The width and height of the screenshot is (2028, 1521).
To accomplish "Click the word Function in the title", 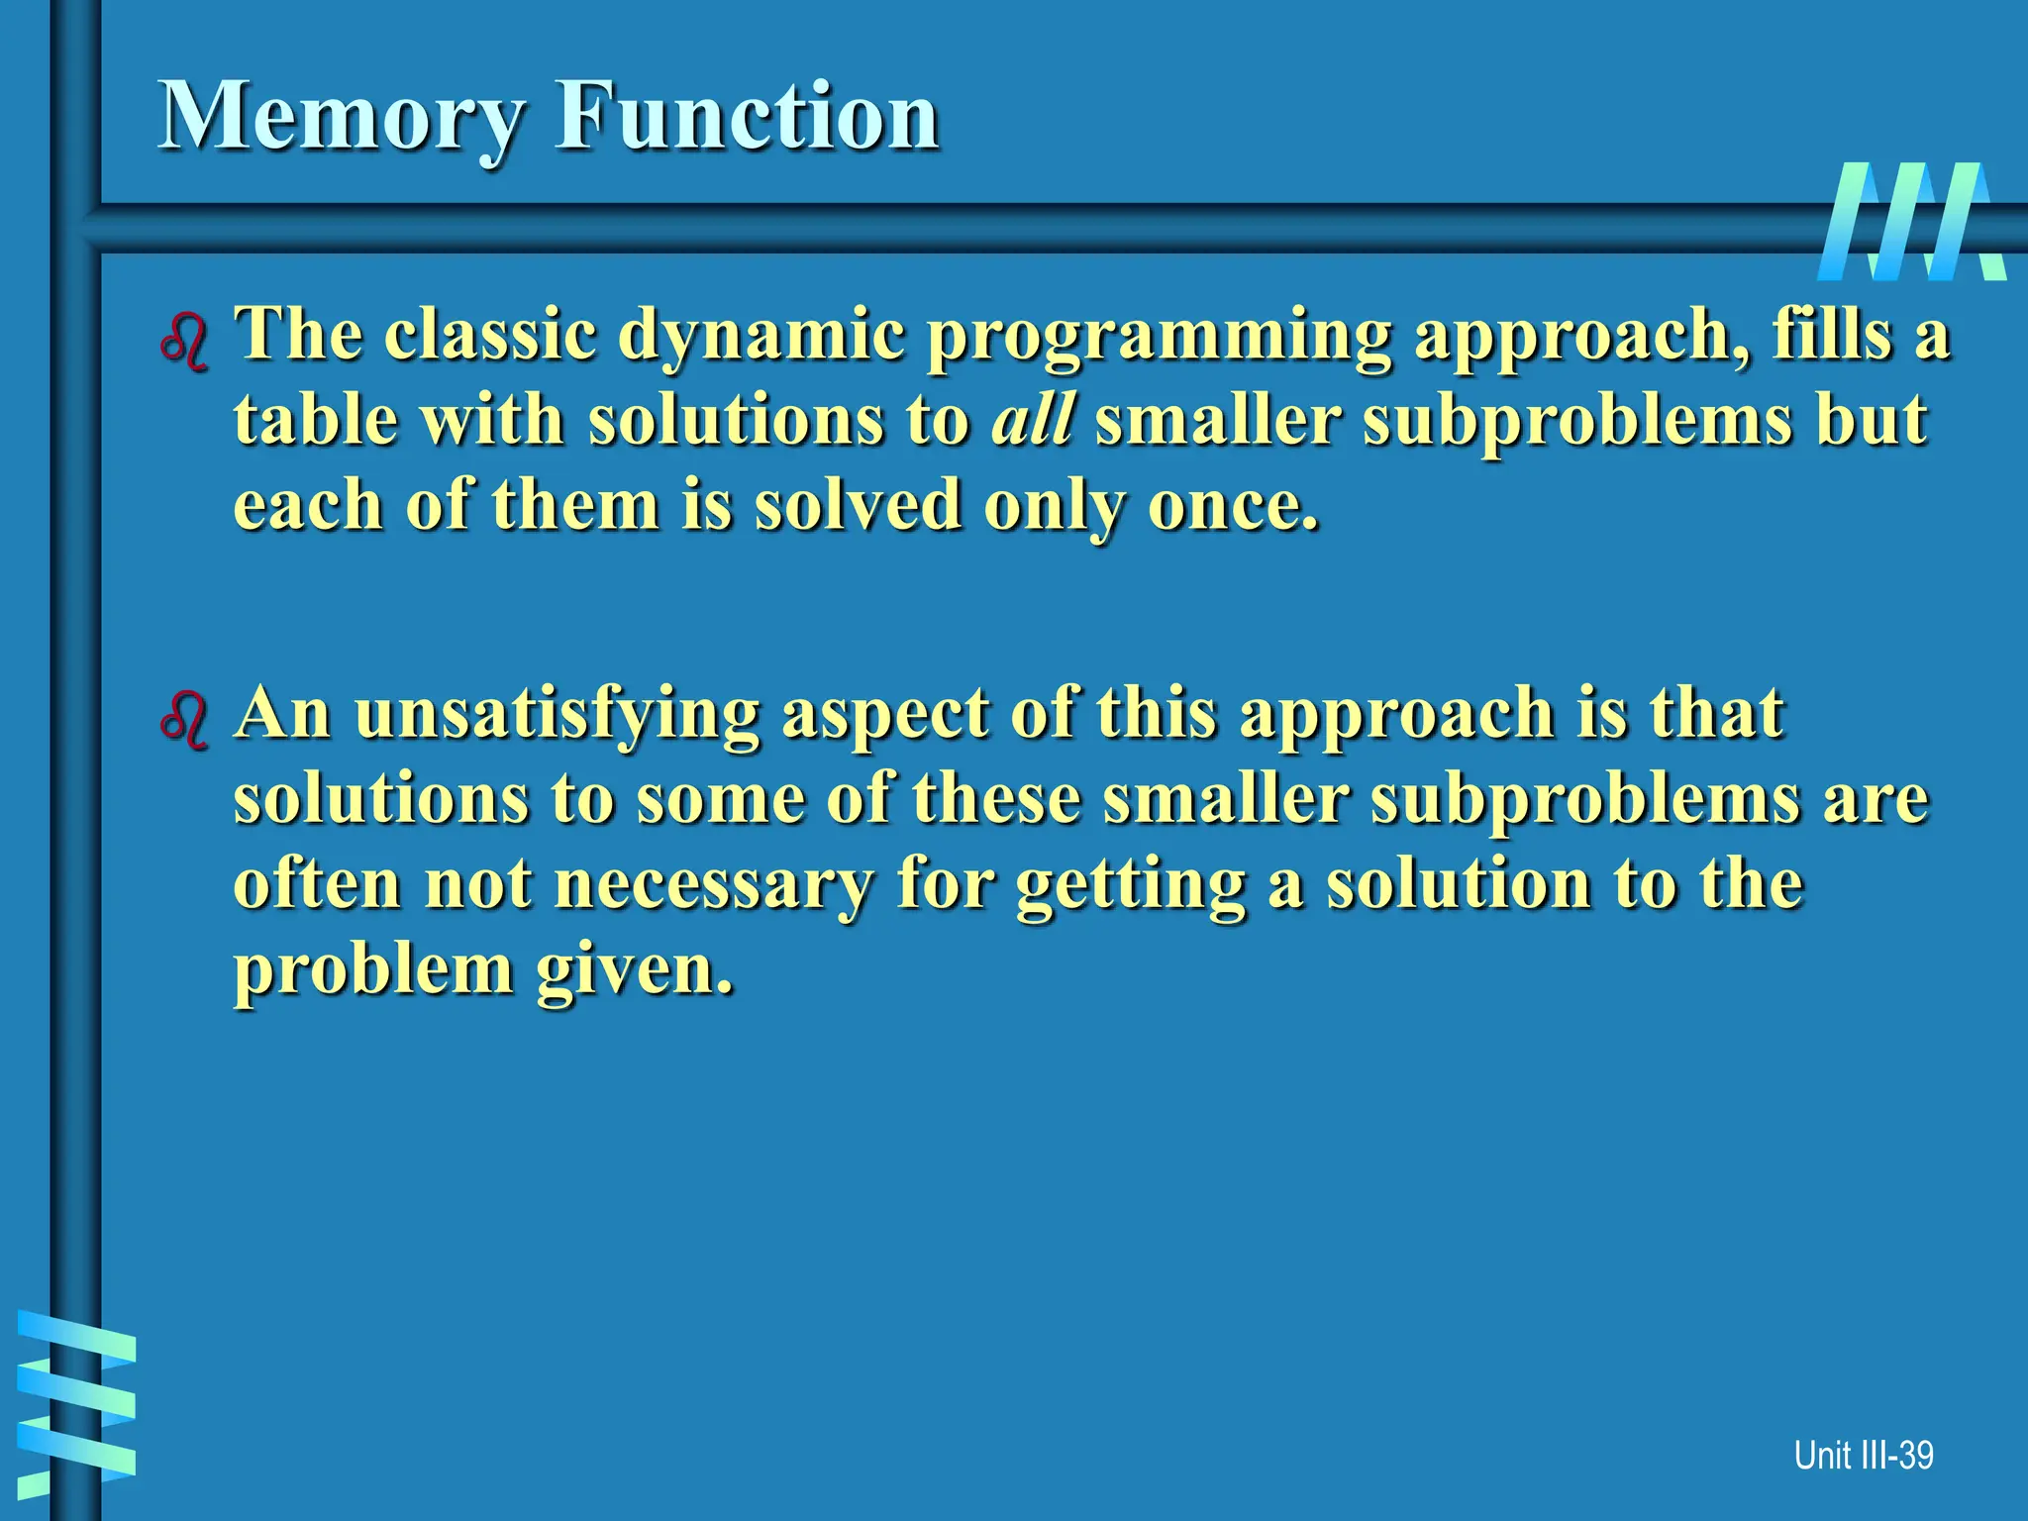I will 748,116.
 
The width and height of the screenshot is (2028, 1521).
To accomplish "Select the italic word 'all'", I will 1033,420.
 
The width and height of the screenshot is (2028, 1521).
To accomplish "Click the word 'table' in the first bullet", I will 315,420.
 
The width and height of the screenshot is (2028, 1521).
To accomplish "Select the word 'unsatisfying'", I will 558,715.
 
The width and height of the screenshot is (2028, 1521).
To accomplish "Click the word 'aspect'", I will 884,715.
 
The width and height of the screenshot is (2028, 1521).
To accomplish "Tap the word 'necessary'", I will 713,883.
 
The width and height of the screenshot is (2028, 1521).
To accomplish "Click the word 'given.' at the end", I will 635,970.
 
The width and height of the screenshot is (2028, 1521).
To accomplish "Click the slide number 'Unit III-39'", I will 1863,1455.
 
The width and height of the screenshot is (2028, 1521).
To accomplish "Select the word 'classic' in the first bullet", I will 491,335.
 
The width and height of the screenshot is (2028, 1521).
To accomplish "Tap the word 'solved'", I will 858,506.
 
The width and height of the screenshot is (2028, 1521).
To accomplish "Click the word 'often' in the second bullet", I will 318,883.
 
